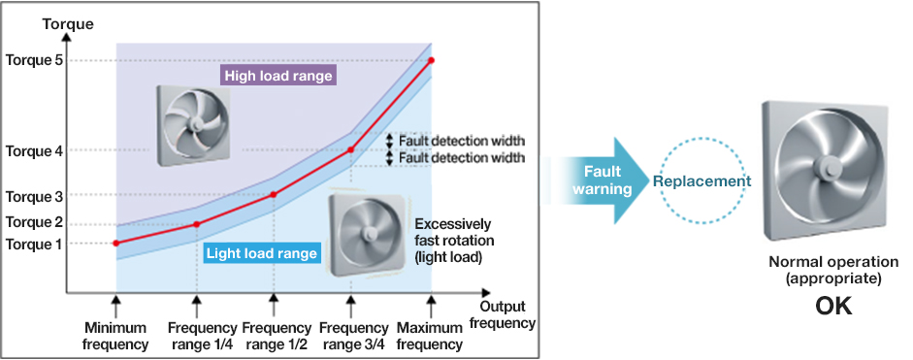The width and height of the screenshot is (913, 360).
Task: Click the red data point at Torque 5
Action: [x=432, y=60]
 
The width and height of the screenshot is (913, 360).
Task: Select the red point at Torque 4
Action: [x=350, y=149]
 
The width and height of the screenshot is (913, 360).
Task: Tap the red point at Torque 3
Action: [x=274, y=195]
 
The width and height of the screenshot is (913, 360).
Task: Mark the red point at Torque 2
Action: [x=196, y=224]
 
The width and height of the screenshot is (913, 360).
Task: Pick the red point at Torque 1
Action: [x=115, y=243]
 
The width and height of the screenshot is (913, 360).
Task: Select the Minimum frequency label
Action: [x=115, y=336]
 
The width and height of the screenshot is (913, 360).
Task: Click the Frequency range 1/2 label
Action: [x=276, y=336]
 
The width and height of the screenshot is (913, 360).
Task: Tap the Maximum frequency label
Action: [x=430, y=336]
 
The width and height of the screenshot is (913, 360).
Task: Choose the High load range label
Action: [x=278, y=76]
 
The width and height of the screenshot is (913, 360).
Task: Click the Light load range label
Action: [x=262, y=253]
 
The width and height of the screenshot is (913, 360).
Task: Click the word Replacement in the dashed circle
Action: [x=701, y=181]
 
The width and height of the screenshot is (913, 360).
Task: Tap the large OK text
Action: [x=833, y=306]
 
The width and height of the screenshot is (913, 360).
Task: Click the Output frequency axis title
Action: [x=507, y=314]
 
